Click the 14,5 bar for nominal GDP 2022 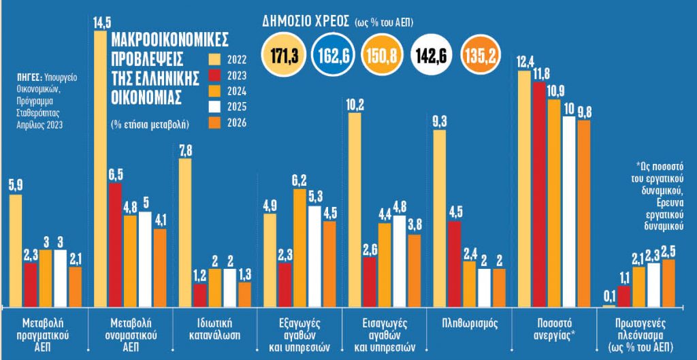99,170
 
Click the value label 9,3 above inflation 439,122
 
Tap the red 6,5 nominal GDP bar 115,244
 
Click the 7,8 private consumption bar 185,232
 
